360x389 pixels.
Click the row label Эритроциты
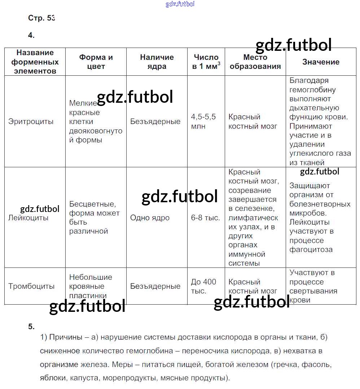[31, 121]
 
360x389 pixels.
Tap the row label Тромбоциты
[31, 286]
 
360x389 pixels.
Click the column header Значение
[321, 62]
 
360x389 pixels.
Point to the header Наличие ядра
[157, 62]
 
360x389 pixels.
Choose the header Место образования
[255, 62]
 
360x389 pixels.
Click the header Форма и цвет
[96, 62]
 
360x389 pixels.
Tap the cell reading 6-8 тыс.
[205, 218]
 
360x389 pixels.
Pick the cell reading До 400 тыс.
[203, 286]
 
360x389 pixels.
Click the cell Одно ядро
[150, 218]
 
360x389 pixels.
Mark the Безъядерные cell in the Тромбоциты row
[155, 286]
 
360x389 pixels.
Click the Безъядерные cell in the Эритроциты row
[155, 121]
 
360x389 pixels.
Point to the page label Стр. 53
[41, 18]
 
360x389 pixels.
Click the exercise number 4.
[31, 35]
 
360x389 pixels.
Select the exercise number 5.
[31, 327]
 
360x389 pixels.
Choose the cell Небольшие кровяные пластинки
[91, 286]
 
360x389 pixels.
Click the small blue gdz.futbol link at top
[180, 4]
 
